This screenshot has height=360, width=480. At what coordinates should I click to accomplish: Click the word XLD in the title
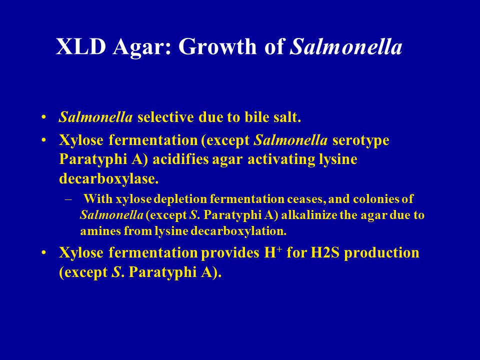(x=81, y=47)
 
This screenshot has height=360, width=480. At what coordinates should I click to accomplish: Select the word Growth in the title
(x=217, y=47)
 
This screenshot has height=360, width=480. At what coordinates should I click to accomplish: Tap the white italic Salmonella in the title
(x=345, y=47)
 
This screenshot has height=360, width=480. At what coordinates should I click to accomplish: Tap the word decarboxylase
(x=108, y=179)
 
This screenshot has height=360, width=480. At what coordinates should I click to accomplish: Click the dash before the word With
(x=68, y=199)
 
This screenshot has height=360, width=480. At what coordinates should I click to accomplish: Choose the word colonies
(x=375, y=199)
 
